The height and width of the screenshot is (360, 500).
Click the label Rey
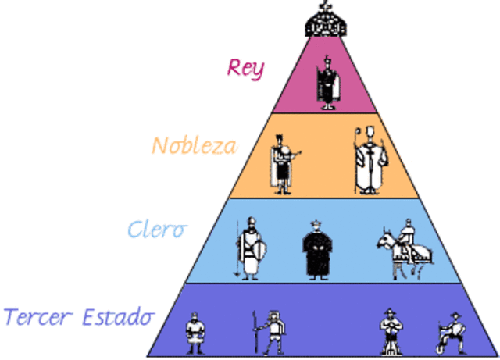(245, 69)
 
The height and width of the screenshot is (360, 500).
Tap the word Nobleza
(195, 145)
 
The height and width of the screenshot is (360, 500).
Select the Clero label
(157, 230)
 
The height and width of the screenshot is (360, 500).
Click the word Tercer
(38, 316)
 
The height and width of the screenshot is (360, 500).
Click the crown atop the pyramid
(325, 21)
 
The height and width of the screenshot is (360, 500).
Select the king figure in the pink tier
(327, 83)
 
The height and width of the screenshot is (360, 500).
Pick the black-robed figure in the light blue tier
(317, 251)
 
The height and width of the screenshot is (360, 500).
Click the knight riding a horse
(405, 249)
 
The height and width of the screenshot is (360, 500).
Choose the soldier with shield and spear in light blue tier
(251, 248)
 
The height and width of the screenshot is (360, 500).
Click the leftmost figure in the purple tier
(195, 333)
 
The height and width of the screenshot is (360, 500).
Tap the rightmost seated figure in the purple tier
(451, 333)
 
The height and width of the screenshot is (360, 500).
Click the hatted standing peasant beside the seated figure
(391, 332)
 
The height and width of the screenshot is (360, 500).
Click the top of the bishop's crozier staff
(358, 130)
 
